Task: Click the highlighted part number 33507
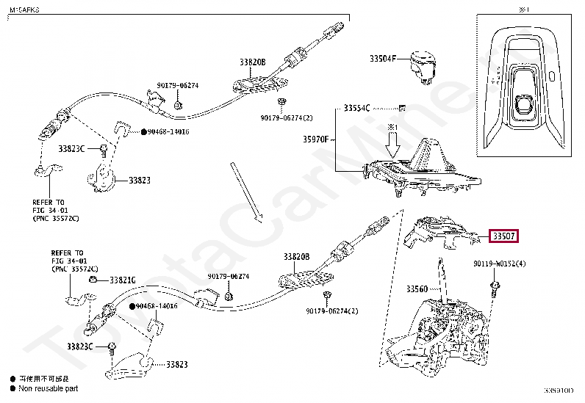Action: [x=504, y=236]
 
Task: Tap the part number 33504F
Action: [x=382, y=58]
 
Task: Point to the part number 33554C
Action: [x=357, y=108]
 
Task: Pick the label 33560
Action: [x=417, y=289]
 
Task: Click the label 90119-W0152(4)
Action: [x=500, y=264]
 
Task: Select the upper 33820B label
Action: [x=251, y=63]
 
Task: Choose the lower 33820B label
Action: [x=297, y=256]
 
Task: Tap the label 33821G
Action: [x=123, y=280]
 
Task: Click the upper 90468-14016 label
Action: [x=163, y=131]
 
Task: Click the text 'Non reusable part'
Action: [x=48, y=388]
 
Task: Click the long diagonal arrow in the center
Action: [x=245, y=191]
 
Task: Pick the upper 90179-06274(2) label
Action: [x=287, y=117]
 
